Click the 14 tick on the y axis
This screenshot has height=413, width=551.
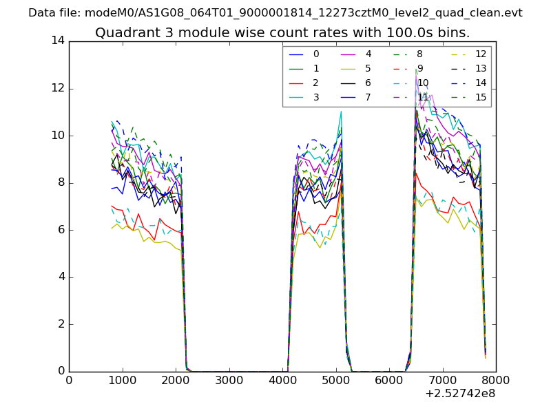pos(57,41)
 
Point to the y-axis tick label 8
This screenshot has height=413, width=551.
pos(61,182)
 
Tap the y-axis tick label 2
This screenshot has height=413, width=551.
pos(61,324)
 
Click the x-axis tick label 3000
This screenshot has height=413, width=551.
pos(229,380)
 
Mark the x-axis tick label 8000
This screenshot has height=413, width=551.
pos(495,380)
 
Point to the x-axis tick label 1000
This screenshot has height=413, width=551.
pos(122,380)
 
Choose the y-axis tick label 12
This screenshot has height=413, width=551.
pos(57,88)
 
